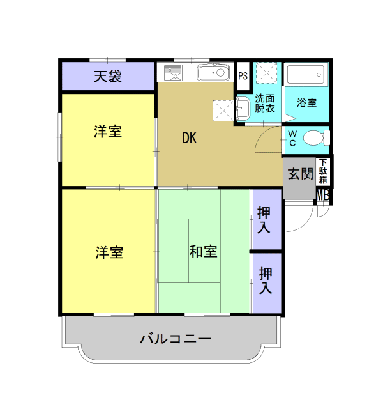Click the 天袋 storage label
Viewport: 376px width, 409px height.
point(108,77)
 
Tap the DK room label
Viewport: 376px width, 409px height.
point(189,137)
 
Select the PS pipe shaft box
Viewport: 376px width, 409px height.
point(243,76)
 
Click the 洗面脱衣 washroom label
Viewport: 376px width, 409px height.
point(265,103)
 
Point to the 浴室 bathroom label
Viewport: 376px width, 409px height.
point(307,102)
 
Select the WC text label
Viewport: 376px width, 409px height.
point(291,138)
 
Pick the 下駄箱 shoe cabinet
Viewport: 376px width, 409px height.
point(324,172)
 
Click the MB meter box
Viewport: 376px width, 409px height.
point(323,195)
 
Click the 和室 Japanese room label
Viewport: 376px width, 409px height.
point(203,251)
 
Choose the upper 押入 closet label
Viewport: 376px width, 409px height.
point(265,219)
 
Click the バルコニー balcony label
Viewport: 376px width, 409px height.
point(176,339)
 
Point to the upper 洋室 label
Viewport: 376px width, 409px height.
point(108,132)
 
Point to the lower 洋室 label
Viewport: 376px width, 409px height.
point(109,252)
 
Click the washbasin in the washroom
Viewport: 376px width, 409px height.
point(243,108)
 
